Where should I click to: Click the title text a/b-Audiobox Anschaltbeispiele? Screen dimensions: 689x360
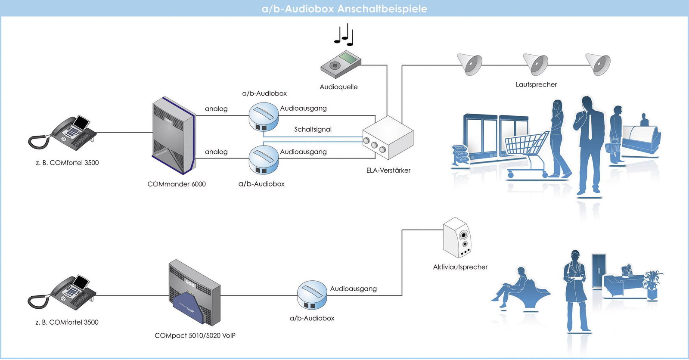[x=344, y=9]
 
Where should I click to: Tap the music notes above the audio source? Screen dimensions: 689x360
[x=344, y=34]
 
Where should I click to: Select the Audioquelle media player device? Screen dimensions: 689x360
[x=341, y=64]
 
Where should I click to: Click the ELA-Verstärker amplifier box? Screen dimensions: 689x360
[x=388, y=137]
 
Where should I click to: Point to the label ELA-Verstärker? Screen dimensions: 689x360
[x=388, y=170]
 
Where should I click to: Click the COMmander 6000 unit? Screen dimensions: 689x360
[x=174, y=136]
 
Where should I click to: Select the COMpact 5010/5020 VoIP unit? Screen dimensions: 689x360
[x=194, y=293]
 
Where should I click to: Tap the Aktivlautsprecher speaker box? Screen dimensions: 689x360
[x=457, y=237]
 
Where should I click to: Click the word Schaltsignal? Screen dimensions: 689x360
[x=313, y=129]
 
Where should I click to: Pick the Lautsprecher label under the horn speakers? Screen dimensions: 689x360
[x=536, y=84]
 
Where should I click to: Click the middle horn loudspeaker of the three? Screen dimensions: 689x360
[x=536, y=64]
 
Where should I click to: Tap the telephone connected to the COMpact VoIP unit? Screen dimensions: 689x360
[x=62, y=292]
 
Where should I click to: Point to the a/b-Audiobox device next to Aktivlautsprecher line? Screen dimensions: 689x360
[x=312, y=295]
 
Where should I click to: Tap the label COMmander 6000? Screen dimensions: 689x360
[x=177, y=184]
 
